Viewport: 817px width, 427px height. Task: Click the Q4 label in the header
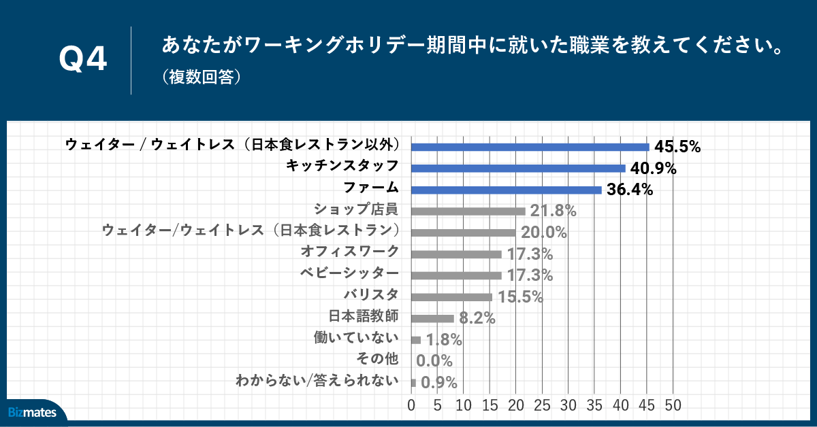click(83, 60)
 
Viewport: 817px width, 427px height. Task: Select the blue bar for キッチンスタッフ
click(518, 168)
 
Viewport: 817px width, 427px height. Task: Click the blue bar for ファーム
click(507, 190)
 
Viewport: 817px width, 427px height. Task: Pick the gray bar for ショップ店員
click(468, 211)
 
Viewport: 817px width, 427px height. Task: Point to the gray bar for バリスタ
click(451, 297)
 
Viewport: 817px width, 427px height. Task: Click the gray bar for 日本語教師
click(432, 318)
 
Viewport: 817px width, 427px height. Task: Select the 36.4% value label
click(630, 190)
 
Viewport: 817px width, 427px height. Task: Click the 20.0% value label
click(544, 233)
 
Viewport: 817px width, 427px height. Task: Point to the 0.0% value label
click(434, 361)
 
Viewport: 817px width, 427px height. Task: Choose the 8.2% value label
click(477, 318)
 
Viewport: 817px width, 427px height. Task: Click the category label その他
click(378, 358)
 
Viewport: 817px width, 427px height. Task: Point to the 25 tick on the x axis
click(542, 406)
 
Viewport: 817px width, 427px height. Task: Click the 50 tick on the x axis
click(673, 406)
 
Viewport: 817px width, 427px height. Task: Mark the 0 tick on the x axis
click(411, 406)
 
